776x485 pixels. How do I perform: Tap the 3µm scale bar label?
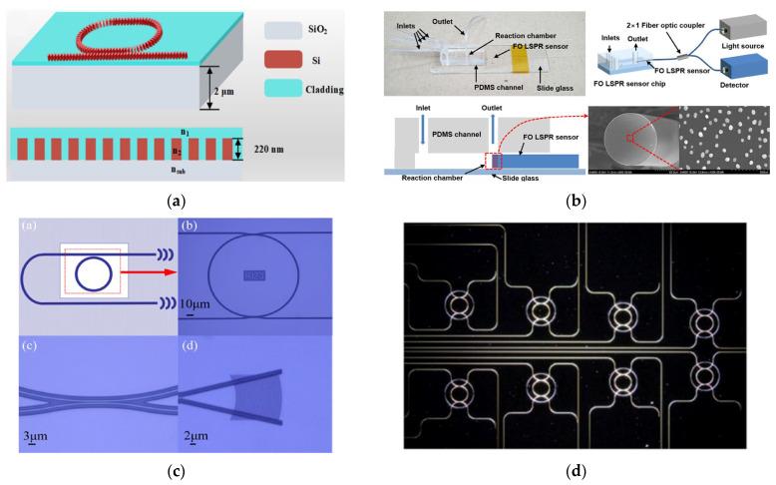click(35, 433)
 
